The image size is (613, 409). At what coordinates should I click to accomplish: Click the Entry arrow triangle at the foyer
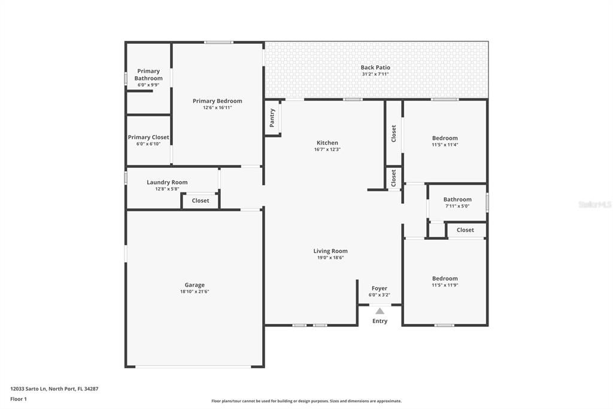pos(380,311)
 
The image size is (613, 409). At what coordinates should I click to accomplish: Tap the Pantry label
pos(272,118)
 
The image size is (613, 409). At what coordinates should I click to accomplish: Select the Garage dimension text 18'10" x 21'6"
pos(195,291)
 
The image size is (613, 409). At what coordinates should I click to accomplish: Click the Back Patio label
pos(375,68)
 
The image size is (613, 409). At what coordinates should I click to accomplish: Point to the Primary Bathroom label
pos(148,74)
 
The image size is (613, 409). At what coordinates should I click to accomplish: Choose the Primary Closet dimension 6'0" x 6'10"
pos(148,144)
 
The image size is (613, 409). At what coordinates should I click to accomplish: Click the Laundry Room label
pos(167,182)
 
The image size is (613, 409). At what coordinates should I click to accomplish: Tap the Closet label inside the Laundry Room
pos(201,201)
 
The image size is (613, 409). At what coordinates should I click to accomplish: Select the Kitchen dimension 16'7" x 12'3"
pos(327,149)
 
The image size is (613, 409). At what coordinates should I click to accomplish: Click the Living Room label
pos(330,251)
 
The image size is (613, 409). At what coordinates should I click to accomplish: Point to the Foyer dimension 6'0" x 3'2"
pos(380,295)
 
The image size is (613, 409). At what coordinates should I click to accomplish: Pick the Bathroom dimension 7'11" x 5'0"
pos(457,206)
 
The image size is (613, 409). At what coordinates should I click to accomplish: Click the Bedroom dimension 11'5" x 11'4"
pos(445,145)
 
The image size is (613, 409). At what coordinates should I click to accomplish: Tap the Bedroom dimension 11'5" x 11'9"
pos(445,285)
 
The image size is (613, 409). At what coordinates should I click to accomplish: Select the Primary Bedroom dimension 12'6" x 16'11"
pos(217,108)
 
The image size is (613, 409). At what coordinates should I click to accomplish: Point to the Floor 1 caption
pos(19,399)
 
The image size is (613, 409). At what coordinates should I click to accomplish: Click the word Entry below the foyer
pos(380,321)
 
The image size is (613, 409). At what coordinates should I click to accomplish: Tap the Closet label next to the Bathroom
pos(465,230)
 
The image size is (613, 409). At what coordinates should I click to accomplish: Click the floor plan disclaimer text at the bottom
pos(306,401)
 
